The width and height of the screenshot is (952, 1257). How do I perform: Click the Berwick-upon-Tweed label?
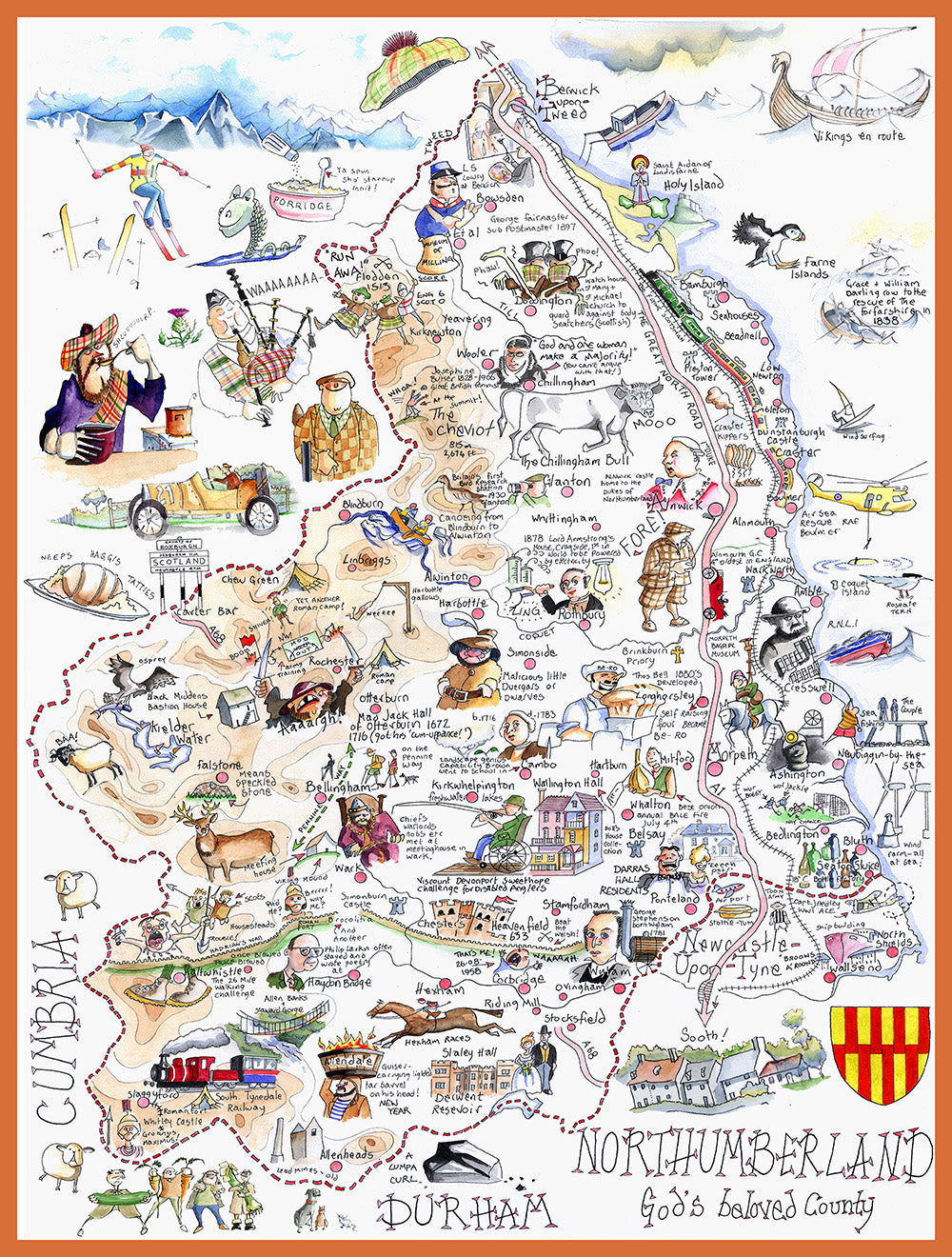(568, 99)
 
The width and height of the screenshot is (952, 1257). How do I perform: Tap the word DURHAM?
(466, 1212)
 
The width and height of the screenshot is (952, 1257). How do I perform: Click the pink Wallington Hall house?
(562, 828)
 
